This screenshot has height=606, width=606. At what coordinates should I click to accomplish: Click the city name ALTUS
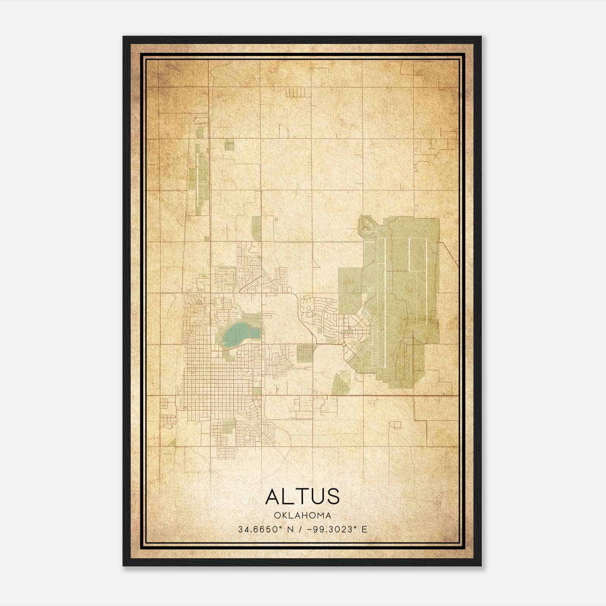(x=302, y=497)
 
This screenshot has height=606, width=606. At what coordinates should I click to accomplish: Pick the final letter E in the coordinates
(x=364, y=529)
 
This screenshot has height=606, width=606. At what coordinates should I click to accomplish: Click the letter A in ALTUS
(x=273, y=497)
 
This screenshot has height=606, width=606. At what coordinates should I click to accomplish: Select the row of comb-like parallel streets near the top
(x=292, y=92)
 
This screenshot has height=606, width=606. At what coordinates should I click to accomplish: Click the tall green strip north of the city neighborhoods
(x=256, y=228)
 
